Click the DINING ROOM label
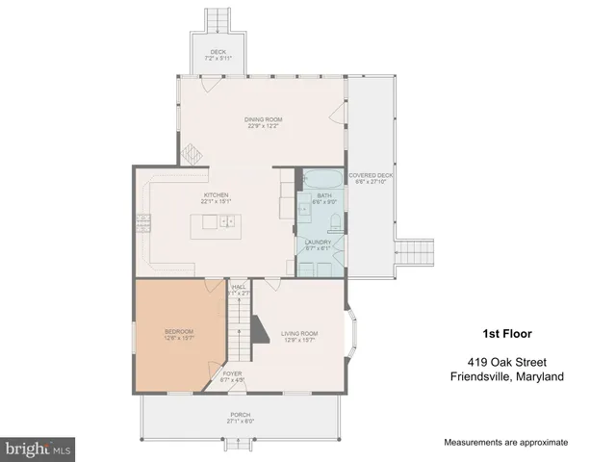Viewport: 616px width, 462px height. (261, 120)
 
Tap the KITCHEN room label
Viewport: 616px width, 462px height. (215, 198)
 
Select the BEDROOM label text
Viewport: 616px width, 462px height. (180, 333)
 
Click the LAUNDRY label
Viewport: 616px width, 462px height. (318, 244)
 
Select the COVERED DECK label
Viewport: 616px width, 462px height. (371, 177)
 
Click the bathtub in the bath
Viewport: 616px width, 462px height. (318, 180)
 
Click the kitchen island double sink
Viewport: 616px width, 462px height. (227, 222)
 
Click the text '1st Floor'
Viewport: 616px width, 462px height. (509, 334)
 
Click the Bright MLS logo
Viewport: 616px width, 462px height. (38, 449)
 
